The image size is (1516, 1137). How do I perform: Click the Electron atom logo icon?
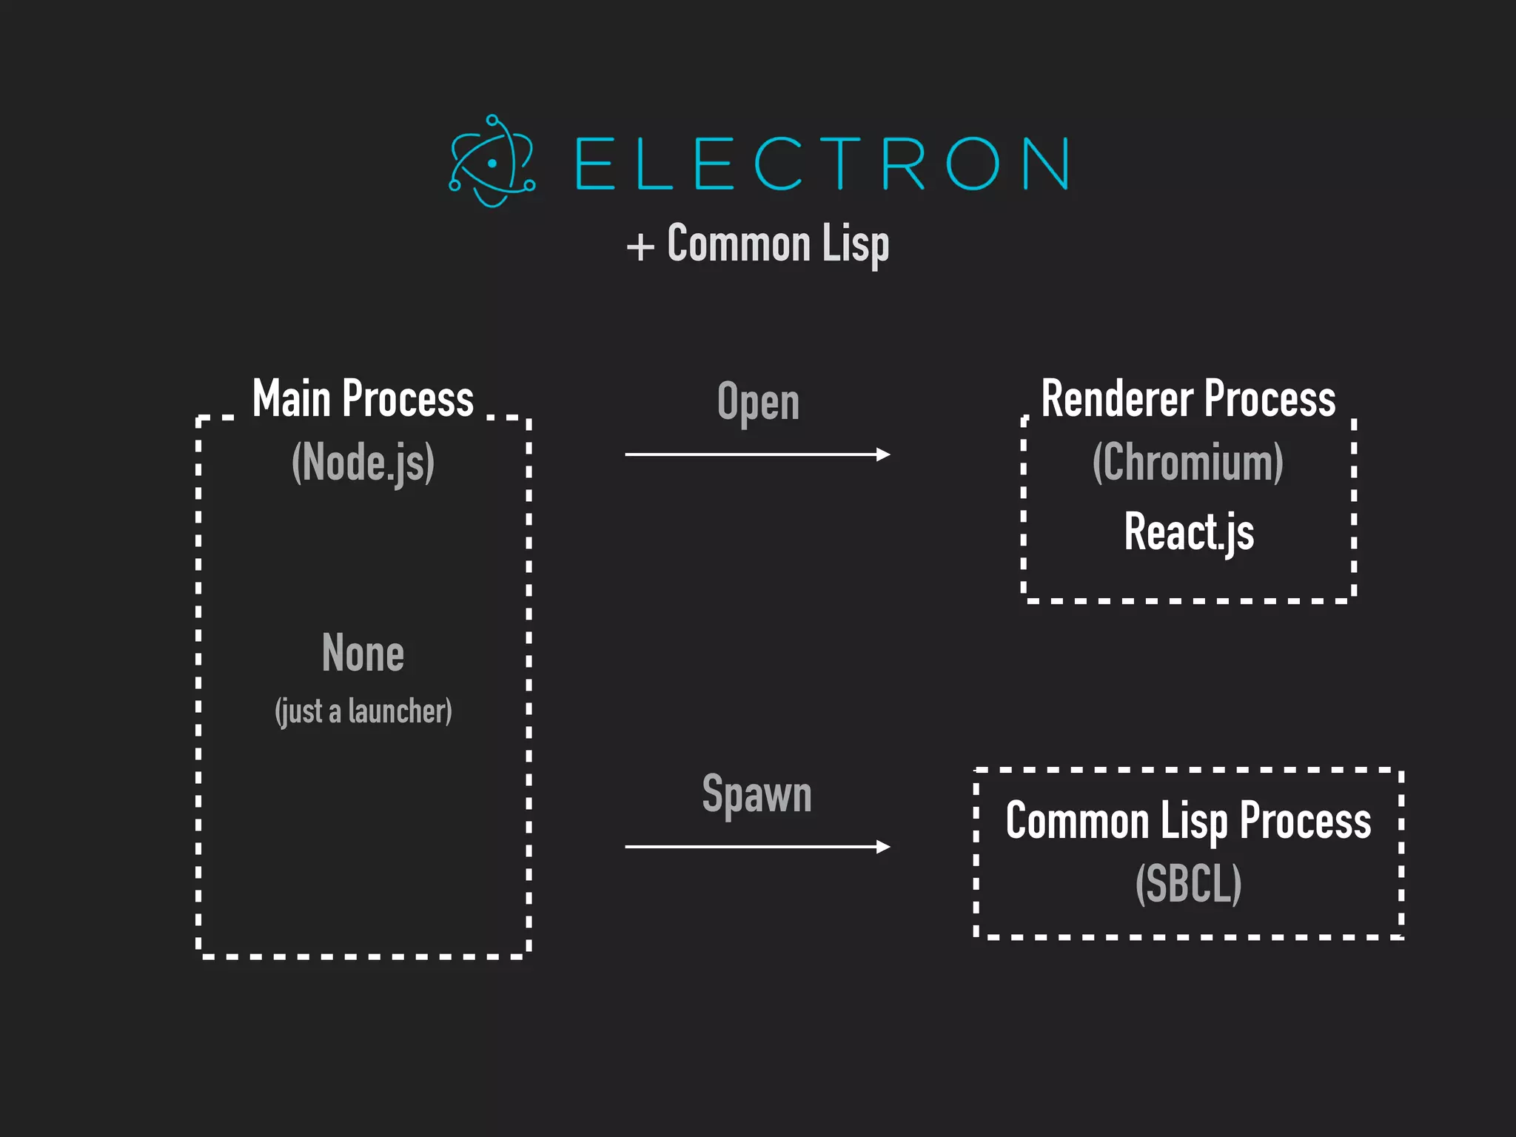(x=492, y=161)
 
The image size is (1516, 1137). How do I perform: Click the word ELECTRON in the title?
(x=821, y=164)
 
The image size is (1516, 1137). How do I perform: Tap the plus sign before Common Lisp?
(x=640, y=246)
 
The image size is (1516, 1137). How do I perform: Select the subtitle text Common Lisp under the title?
(x=777, y=244)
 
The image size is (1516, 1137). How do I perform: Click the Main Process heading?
(x=363, y=399)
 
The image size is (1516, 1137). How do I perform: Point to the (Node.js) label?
(x=363, y=463)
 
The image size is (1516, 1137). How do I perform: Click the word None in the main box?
(x=363, y=653)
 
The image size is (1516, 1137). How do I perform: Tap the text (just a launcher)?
(x=363, y=711)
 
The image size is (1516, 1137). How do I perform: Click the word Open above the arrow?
(x=758, y=403)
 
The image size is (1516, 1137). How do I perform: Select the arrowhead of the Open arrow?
(x=883, y=455)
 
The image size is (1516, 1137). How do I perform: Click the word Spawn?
(x=757, y=794)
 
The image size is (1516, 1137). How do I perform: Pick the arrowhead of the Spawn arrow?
(x=883, y=846)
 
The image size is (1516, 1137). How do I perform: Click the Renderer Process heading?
(x=1188, y=399)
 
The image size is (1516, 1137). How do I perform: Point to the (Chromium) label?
(x=1188, y=463)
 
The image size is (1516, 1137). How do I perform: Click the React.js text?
(x=1189, y=531)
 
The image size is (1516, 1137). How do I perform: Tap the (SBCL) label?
(x=1188, y=883)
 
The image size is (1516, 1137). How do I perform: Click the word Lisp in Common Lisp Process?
(x=1193, y=822)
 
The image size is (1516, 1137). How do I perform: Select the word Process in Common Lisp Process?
(x=1305, y=821)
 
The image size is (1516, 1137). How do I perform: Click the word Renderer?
(x=1117, y=399)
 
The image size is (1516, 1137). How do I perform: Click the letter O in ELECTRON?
(x=973, y=164)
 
